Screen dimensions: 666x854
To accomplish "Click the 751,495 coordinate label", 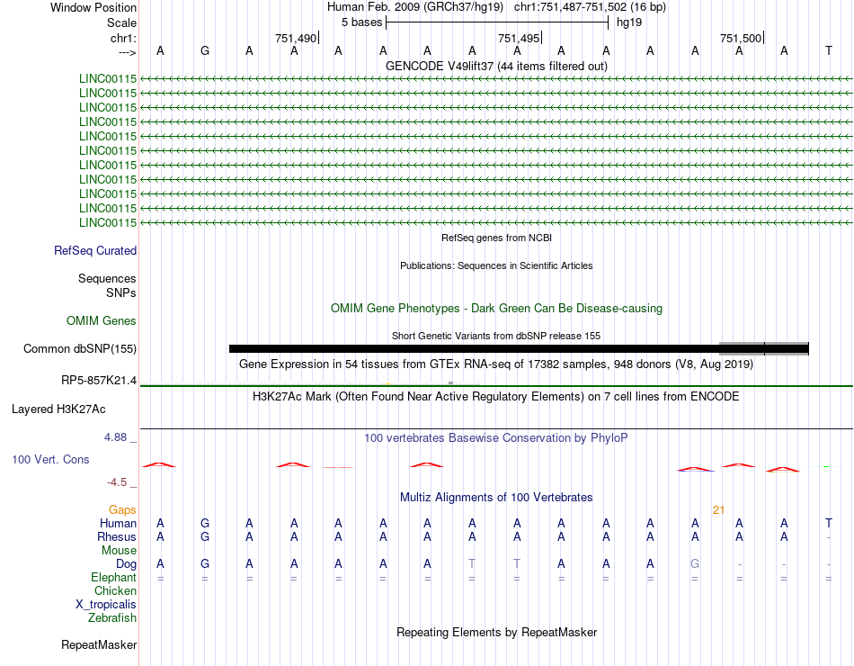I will [x=519, y=38].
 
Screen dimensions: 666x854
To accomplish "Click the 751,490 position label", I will [x=296, y=38].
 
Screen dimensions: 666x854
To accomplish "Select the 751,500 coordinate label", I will [x=741, y=38].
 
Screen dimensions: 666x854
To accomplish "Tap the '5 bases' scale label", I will [x=361, y=22].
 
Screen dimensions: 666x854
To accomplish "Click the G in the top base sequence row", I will [x=205, y=50].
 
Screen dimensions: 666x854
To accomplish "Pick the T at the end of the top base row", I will [x=828, y=50].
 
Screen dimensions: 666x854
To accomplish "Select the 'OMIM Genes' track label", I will [x=102, y=321].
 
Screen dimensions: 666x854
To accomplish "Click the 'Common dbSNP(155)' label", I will [x=80, y=349].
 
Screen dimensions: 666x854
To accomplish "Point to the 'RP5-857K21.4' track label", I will [x=99, y=381].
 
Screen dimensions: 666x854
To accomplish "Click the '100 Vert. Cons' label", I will [x=50, y=460].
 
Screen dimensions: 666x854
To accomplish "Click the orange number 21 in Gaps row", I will [x=718, y=510].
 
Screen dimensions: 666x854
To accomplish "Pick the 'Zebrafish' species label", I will [x=112, y=618].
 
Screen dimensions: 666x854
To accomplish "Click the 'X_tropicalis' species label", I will [x=106, y=605].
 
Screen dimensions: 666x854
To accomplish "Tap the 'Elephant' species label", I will [x=113, y=578].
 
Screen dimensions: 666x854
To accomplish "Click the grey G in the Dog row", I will [x=695, y=563].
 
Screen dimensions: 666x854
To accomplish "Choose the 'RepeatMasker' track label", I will [x=99, y=645].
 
